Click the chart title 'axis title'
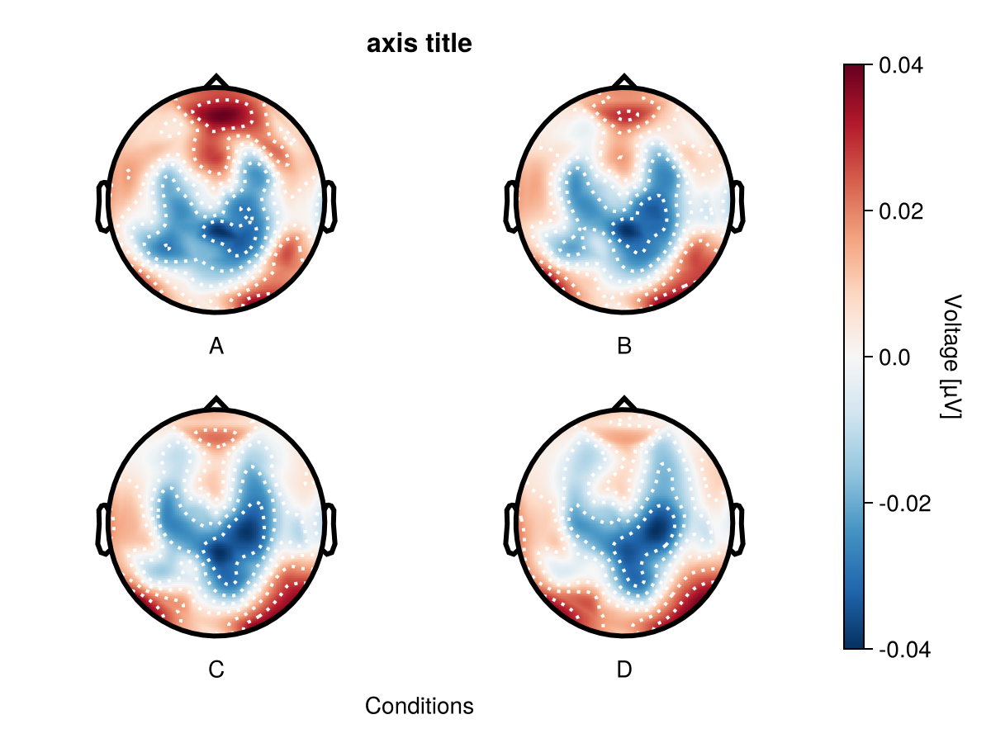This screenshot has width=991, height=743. [x=419, y=45]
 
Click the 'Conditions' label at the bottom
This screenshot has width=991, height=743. [x=419, y=707]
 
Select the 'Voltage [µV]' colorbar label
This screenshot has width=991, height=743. [x=952, y=357]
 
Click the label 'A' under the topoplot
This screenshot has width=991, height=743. [x=216, y=347]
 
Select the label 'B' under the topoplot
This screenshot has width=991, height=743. [x=624, y=347]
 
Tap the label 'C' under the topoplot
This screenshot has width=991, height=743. [x=216, y=670]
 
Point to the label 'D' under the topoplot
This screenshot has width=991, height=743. [x=624, y=670]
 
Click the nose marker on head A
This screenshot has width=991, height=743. [x=216, y=81]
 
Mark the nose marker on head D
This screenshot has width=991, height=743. [x=624, y=404]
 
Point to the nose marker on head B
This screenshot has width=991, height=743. [x=624, y=81]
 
